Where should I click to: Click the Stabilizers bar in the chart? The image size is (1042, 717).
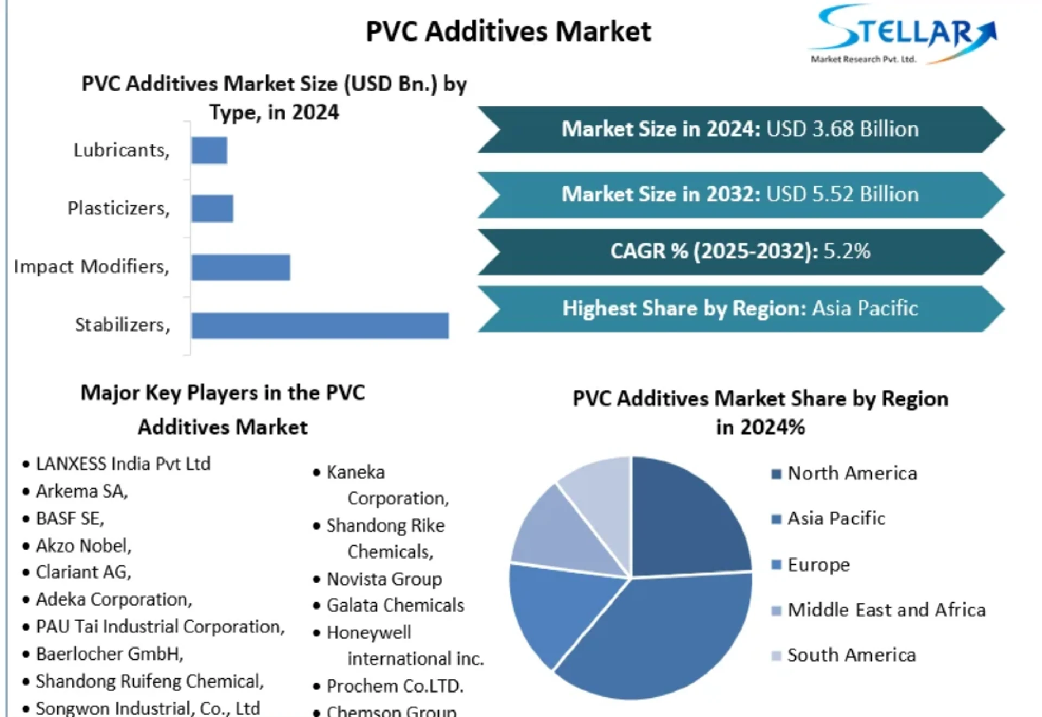click(x=320, y=325)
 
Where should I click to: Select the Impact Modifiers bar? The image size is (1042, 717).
click(x=240, y=267)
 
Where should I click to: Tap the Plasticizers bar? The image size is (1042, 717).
click(x=212, y=208)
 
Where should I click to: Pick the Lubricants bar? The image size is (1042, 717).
click(x=209, y=150)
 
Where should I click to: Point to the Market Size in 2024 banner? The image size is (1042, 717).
click(x=740, y=129)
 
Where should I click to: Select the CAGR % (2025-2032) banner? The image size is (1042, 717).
click(x=740, y=251)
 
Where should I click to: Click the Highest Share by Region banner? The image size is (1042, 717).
click(x=740, y=308)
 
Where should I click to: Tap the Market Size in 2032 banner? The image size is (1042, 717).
click(x=740, y=194)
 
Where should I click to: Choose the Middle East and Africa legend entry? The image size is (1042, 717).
click(x=886, y=610)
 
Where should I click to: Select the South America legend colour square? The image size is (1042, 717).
click(x=777, y=656)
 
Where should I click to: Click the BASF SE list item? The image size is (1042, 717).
click(x=69, y=518)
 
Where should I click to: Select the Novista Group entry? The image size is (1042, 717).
click(x=384, y=579)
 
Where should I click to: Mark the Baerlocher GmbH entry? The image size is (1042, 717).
click(x=109, y=653)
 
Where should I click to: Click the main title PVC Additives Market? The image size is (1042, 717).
click(x=509, y=31)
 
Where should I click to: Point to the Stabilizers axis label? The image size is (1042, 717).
click(x=122, y=325)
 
